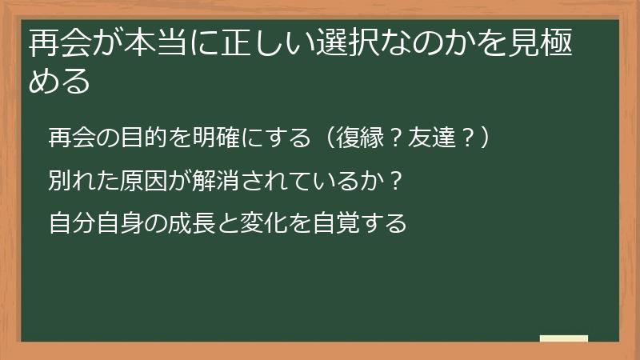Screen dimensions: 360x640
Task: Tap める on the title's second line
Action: pyautogui.click(x=58, y=82)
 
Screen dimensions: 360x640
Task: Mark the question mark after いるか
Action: pyautogui.click(x=398, y=179)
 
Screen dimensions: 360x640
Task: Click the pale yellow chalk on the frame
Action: pyautogui.click(x=564, y=338)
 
